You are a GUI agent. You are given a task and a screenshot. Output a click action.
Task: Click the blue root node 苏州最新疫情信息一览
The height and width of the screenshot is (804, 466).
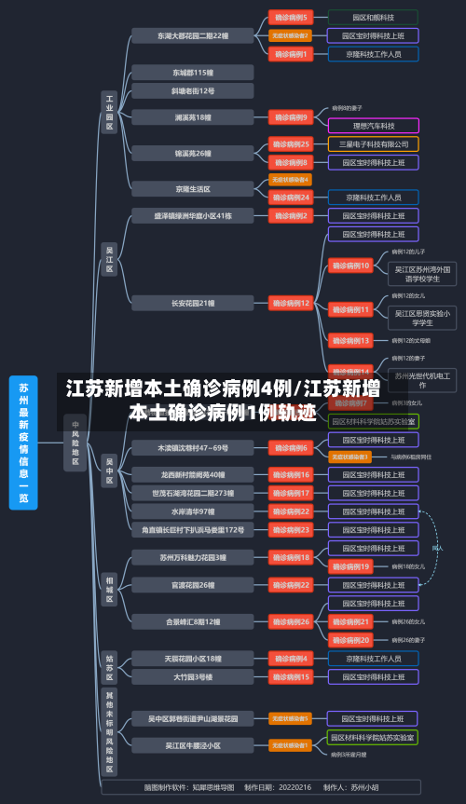(23, 443)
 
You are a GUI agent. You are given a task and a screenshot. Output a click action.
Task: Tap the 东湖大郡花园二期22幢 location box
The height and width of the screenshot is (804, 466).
(193, 35)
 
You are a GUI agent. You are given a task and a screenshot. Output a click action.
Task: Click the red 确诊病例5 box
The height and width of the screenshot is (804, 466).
(291, 17)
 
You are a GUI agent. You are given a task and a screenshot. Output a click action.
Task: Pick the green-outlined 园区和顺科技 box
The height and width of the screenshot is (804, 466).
(373, 17)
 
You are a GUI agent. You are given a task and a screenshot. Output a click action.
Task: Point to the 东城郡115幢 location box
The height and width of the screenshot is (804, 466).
(193, 72)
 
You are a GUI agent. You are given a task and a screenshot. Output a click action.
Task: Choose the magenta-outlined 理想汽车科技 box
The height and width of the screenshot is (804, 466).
(373, 125)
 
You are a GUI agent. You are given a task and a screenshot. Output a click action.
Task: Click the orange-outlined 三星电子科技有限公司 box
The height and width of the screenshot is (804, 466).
(373, 143)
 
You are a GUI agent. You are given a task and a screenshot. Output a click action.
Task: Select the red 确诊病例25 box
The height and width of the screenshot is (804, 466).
(291, 143)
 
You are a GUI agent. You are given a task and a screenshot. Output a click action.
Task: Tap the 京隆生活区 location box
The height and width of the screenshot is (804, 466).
(193, 188)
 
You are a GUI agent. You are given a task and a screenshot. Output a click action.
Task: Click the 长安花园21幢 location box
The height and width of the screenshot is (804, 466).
(193, 303)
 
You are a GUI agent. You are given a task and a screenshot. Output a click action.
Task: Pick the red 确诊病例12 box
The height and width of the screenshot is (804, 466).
(291, 303)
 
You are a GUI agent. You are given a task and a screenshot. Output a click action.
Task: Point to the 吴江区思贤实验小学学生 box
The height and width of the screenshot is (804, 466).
(421, 319)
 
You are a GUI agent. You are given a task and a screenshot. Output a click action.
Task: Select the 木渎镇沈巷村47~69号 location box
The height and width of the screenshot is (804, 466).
(193, 448)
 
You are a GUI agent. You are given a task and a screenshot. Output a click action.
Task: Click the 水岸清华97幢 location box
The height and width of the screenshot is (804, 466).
(193, 511)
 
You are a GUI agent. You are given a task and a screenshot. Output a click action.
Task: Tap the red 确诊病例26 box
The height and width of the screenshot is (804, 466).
(291, 621)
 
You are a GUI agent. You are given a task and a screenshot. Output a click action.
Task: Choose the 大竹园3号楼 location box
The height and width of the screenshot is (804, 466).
(193, 676)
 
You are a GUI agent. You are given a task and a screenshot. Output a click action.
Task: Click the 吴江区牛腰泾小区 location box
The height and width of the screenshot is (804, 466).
(193, 745)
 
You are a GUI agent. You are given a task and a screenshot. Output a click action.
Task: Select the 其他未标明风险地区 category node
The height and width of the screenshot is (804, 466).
(109, 732)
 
